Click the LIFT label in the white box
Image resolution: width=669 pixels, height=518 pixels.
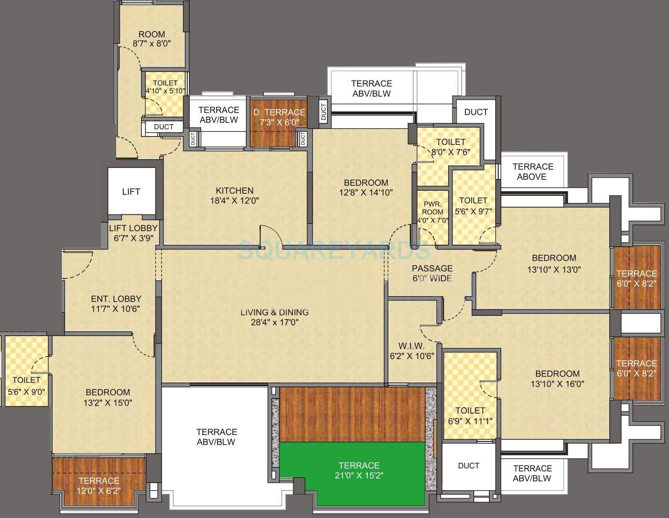click(131, 192)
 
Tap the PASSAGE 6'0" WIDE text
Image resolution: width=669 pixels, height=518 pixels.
click(432, 273)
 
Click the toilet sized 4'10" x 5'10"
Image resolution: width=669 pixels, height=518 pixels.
click(165, 87)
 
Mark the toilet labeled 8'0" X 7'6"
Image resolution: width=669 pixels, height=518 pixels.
click(451, 147)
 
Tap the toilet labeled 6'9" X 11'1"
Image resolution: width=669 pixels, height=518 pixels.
click(470, 415)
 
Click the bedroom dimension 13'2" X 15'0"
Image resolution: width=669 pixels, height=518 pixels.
click(108, 403)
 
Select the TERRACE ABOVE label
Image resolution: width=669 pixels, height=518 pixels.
click(532, 171)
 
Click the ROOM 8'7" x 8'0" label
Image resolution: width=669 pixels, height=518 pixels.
click(152, 39)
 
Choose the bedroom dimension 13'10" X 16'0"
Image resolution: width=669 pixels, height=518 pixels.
click(557, 384)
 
